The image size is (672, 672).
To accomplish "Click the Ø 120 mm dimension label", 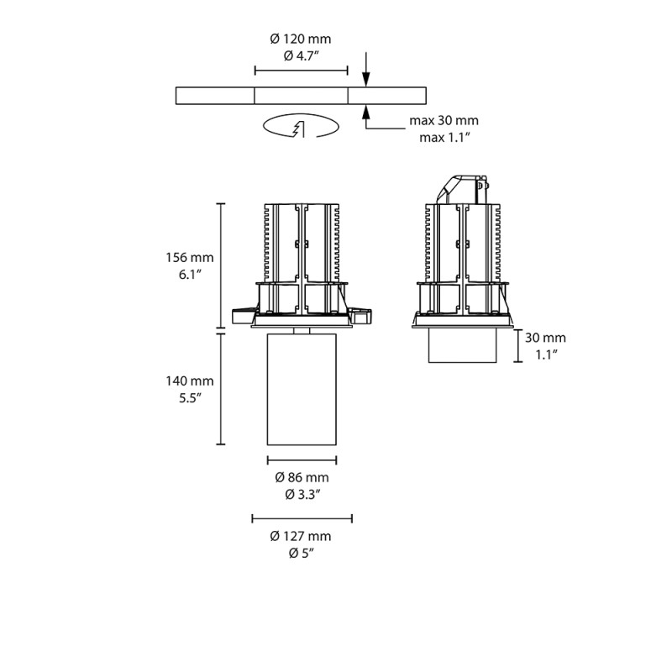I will click(x=301, y=39).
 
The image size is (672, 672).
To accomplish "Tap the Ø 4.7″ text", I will click(x=301, y=55).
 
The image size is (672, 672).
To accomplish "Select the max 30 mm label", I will click(x=444, y=120).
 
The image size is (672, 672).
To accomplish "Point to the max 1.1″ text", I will click(x=444, y=137).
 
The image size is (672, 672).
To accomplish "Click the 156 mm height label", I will click(x=190, y=258).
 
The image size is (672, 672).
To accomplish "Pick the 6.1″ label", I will click(x=190, y=275).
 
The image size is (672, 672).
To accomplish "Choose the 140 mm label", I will click(x=190, y=381).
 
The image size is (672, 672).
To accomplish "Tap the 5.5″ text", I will click(x=190, y=397).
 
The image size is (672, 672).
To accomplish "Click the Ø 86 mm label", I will click(x=301, y=477).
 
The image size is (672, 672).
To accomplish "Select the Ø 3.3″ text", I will click(x=301, y=494).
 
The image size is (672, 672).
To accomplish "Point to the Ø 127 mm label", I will click(x=301, y=536).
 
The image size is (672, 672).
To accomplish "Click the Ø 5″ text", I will click(x=301, y=553).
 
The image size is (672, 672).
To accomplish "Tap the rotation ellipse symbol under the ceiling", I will click(x=301, y=128).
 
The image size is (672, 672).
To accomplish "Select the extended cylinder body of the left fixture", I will click(x=301, y=389).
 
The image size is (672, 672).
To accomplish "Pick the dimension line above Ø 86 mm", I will click(x=302, y=459).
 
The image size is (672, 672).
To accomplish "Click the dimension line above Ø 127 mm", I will click(x=302, y=519).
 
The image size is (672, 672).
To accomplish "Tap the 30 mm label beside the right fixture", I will click(x=545, y=338).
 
